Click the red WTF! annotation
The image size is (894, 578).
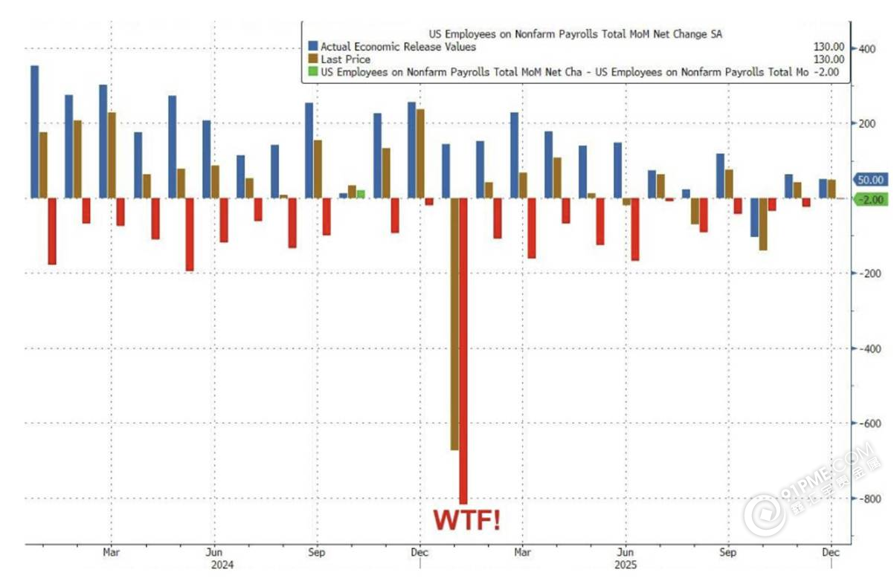[467, 520]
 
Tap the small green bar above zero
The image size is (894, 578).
[361, 194]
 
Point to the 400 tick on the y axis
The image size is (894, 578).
[866, 49]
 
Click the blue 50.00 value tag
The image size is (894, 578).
[869, 180]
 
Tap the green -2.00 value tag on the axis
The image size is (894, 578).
[869, 199]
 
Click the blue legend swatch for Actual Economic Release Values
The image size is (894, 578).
[313, 47]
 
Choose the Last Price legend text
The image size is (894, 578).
[346, 59]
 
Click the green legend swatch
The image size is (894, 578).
[313, 72]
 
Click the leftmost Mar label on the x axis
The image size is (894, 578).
[111, 552]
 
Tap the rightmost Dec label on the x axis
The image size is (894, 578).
[831, 552]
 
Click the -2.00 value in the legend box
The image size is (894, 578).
[827, 72]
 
